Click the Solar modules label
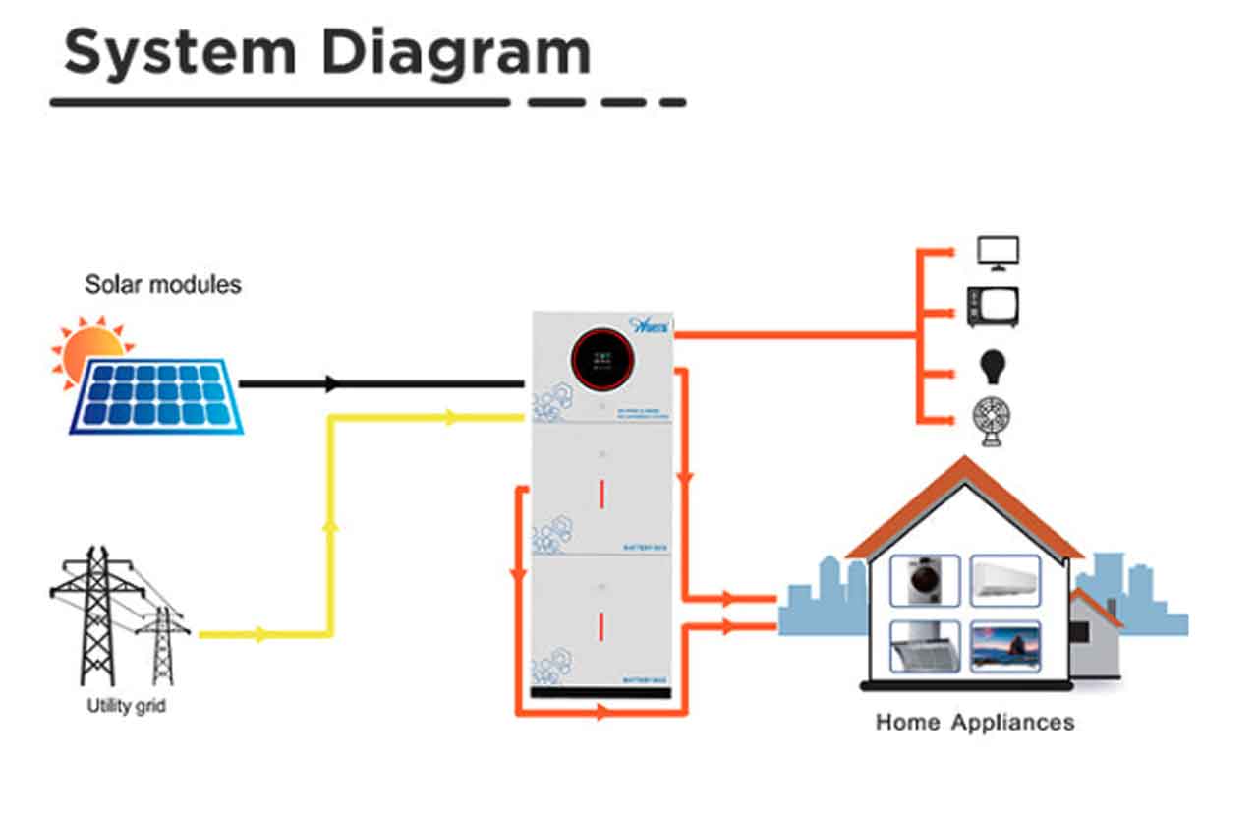[163, 285]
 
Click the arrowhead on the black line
[332, 383]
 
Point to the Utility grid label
[127, 705]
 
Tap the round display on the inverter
[600, 360]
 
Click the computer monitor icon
[998, 253]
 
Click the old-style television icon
[993, 308]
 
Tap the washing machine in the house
[924, 581]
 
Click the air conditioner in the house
[1004, 581]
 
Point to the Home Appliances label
[974, 723]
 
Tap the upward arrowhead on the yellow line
[330, 527]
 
